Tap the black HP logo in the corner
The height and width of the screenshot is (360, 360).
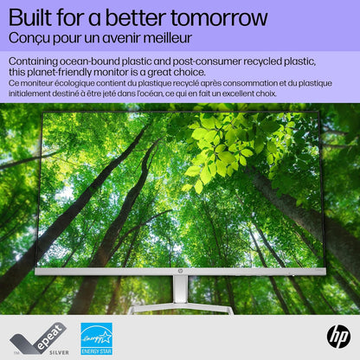point(337,337)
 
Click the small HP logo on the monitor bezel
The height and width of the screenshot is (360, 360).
point(180,271)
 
